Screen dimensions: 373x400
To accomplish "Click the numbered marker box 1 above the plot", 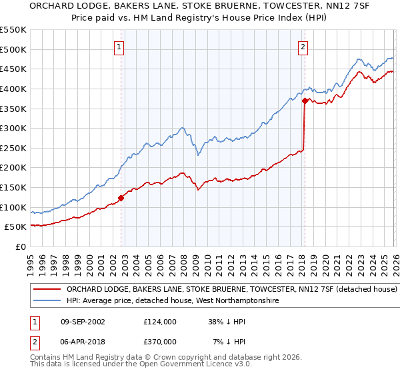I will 119,47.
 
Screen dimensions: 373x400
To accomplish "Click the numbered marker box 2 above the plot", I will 303,47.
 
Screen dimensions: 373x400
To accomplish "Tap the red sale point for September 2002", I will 121,197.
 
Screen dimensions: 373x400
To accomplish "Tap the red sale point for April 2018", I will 305,101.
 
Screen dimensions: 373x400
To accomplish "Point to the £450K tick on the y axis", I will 13,69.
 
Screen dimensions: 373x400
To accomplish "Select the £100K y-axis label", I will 13,207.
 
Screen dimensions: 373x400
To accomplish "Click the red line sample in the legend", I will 47,290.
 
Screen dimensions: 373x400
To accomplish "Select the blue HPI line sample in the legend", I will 47,301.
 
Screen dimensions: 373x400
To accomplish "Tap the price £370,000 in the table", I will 160,341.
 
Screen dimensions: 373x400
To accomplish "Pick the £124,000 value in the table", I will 160,321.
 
